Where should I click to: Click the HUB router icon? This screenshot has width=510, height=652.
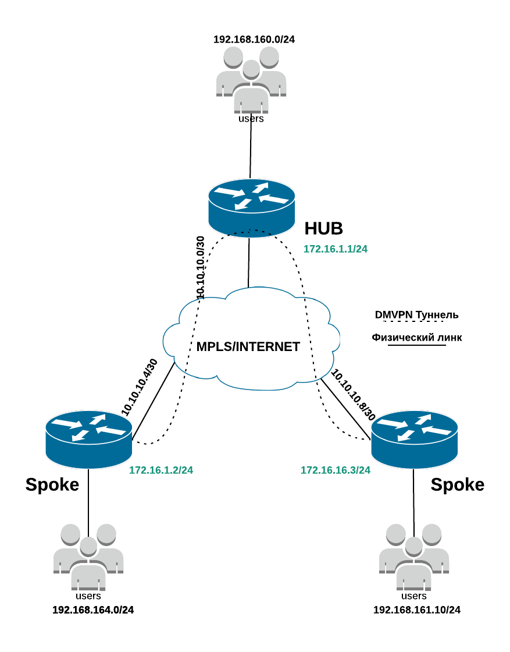click(x=252, y=208)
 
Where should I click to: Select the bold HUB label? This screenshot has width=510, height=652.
click(x=323, y=229)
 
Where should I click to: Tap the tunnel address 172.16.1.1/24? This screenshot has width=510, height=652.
click(x=336, y=249)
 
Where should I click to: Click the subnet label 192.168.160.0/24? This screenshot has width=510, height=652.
click(x=254, y=40)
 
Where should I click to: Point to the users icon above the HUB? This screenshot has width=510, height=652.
click(x=251, y=79)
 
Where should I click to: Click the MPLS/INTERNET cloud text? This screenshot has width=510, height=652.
click(x=248, y=347)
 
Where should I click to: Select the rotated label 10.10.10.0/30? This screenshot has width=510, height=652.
click(x=200, y=268)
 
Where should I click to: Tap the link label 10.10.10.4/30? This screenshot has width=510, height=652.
click(x=140, y=387)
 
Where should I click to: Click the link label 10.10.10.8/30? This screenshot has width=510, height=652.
click(x=353, y=395)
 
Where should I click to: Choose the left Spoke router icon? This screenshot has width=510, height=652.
click(x=89, y=440)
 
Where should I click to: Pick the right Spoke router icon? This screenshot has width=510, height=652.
click(x=414, y=440)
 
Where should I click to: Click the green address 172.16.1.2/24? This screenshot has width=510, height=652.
click(x=161, y=470)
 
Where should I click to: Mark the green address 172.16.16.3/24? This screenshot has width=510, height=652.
click(x=336, y=470)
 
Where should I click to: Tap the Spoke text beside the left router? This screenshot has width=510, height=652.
click(x=52, y=485)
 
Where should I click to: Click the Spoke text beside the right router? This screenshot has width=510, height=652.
click(x=457, y=485)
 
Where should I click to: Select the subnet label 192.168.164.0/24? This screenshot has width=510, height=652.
click(x=93, y=610)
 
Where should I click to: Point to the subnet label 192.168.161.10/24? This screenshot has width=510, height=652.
click(x=417, y=610)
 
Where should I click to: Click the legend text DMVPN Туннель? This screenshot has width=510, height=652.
click(x=416, y=315)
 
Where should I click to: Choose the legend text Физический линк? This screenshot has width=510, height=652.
click(x=416, y=337)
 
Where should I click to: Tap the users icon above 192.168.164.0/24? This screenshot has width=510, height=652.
click(x=88, y=557)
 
